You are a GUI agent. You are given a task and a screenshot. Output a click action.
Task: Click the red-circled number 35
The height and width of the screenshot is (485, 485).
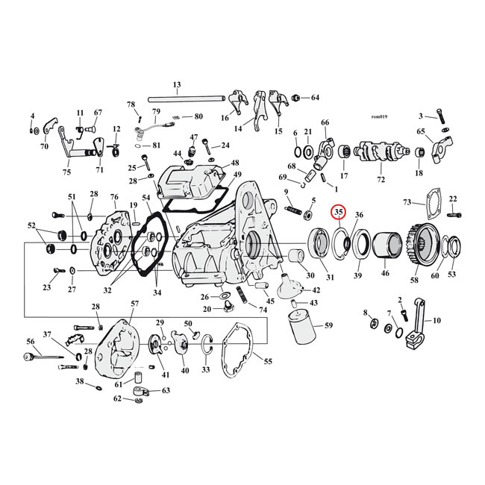tap(339, 213)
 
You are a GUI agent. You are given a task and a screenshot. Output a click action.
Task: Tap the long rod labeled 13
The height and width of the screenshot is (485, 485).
tap(187, 98)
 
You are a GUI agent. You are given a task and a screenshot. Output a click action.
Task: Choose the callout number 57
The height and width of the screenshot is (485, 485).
tap(135, 304)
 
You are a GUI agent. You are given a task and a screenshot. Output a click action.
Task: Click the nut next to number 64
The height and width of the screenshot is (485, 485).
tap(296, 98)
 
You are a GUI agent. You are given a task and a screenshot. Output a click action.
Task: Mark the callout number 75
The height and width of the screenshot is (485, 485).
tap(66, 172)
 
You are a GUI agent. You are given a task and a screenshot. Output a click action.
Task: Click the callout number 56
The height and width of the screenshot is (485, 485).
tap(31, 341)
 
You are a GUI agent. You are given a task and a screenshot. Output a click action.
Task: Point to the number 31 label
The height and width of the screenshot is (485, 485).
tap(330, 278)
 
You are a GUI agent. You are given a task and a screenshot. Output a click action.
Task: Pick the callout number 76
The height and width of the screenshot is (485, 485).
tap(114, 197)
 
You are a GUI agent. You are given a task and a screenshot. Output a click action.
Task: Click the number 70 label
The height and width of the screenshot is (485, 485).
tap(44, 146)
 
